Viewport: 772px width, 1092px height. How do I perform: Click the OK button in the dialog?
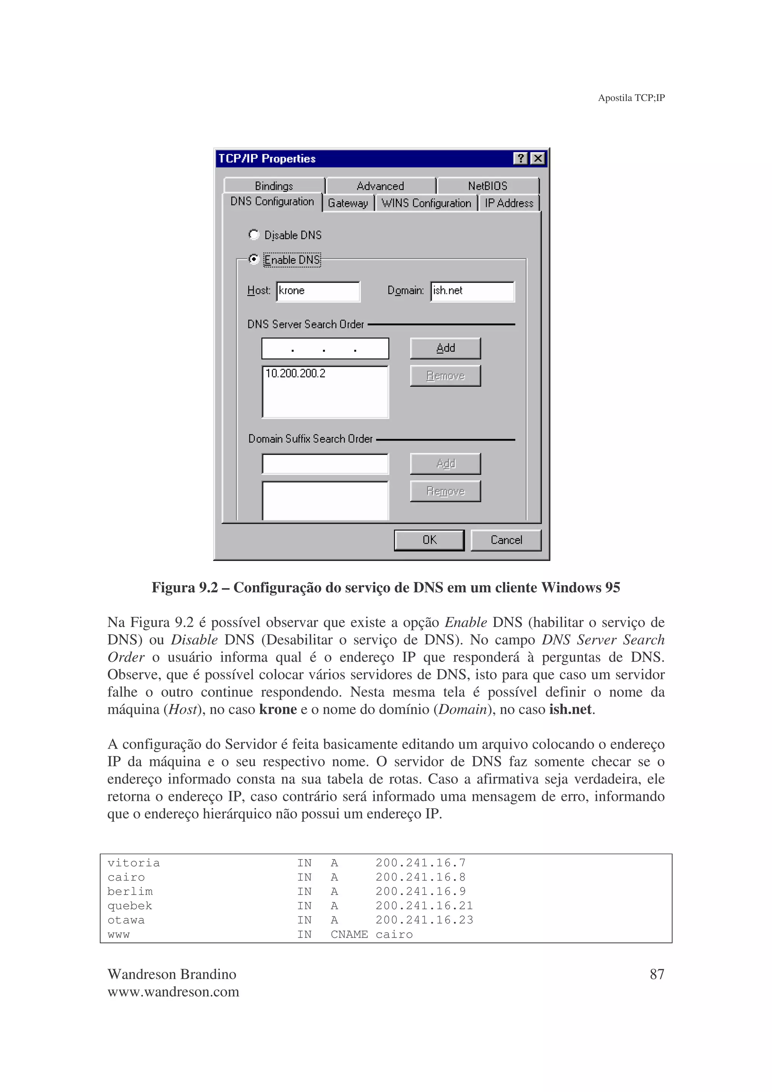(x=429, y=540)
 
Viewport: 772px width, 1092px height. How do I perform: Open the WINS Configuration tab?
(x=426, y=203)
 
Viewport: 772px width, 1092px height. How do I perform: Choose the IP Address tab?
(x=509, y=203)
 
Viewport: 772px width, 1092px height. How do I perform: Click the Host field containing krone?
(x=318, y=291)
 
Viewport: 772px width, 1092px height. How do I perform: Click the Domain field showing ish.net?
(x=472, y=291)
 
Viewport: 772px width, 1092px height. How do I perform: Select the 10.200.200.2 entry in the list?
(x=296, y=373)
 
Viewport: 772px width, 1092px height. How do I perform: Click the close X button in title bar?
(x=538, y=158)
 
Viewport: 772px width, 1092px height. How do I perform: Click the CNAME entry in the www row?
(x=349, y=934)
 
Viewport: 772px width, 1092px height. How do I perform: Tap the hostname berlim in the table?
(x=130, y=891)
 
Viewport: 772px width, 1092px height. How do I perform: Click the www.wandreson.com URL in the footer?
(x=173, y=992)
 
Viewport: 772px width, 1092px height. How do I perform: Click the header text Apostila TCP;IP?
(x=631, y=98)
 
